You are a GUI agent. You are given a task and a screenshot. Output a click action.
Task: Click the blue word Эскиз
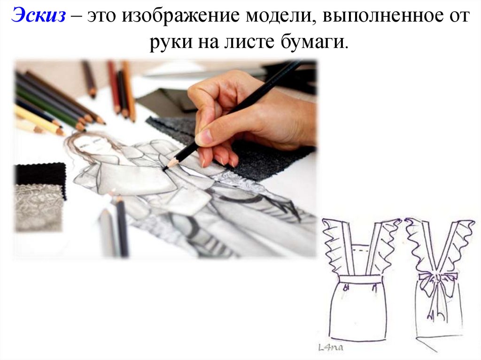coord(39,15)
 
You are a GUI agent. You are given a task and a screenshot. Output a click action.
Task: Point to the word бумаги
coord(315,42)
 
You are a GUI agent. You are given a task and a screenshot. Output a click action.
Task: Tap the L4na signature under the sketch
coord(331,347)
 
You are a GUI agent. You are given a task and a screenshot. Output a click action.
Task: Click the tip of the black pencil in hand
coord(165,169)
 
